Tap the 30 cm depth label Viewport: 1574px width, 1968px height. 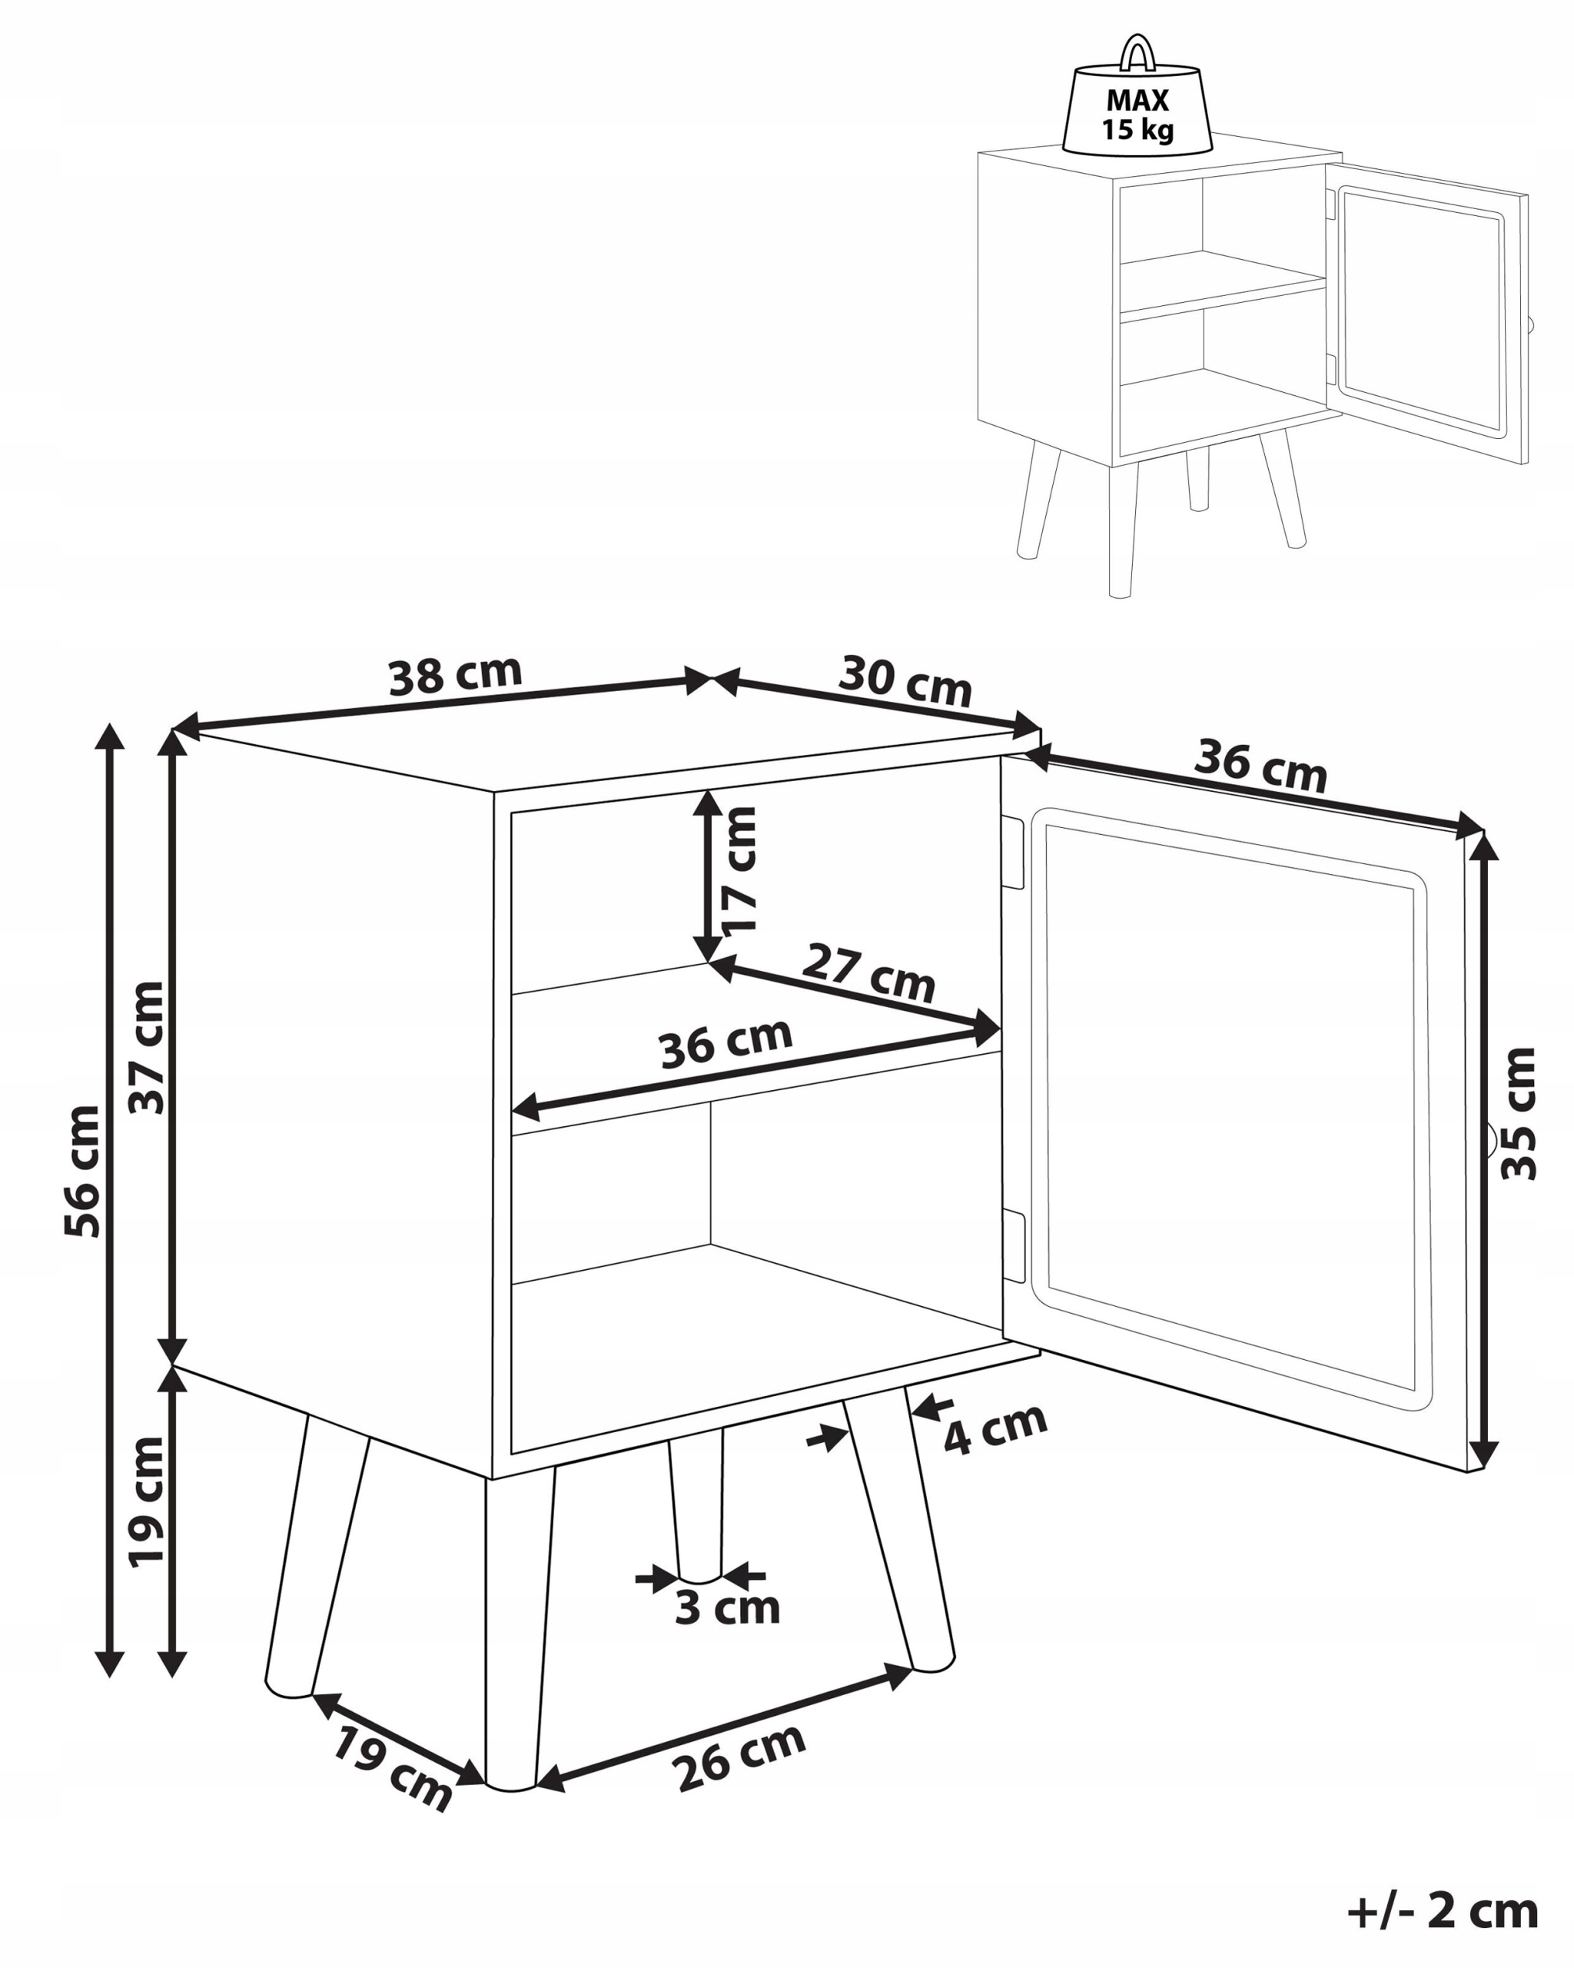(x=905, y=680)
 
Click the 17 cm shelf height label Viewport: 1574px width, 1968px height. (x=740, y=870)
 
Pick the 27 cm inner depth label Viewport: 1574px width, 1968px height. (x=868, y=975)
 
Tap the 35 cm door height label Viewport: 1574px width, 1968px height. (x=1519, y=1114)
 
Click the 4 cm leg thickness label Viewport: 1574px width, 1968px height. (x=995, y=1428)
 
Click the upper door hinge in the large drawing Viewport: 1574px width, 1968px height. (x=1014, y=853)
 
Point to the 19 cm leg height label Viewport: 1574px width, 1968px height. (x=146, y=1502)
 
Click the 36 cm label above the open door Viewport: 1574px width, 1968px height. (x=1260, y=766)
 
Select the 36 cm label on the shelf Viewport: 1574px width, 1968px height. (x=726, y=1043)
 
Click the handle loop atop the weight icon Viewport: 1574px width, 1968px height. (x=1137, y=53)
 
